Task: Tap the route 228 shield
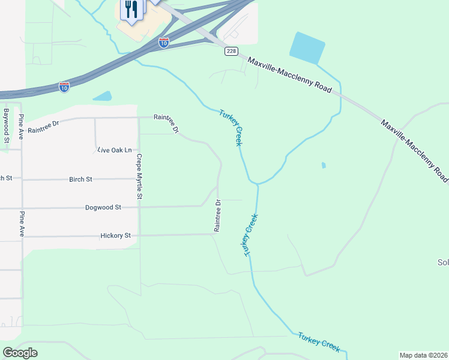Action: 231,51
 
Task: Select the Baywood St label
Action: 7,125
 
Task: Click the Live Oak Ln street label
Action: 114,149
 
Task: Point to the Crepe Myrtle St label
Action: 139,176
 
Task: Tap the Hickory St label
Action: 115,236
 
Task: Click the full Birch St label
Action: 80,179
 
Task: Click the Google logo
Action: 20,353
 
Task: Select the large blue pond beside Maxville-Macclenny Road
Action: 307,47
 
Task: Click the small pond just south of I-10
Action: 103,96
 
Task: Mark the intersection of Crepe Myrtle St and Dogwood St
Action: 139,207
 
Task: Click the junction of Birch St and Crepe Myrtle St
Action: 139,179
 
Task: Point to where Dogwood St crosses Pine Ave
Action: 22,208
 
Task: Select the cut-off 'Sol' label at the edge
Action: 443,263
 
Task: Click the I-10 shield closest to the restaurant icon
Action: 163,42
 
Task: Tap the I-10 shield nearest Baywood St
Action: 64,86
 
